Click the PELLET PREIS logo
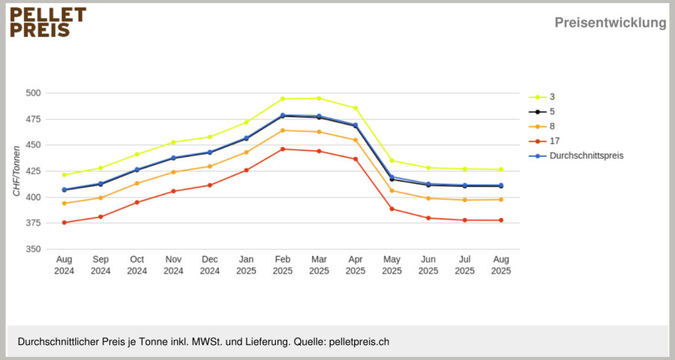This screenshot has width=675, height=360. click(48, 22)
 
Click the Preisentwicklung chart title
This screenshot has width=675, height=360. click(610, 22)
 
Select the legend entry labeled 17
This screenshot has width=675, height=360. click(544, 141)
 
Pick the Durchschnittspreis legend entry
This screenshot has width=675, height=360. click(576, 155)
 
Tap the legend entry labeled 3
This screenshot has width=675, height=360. click(541, 97)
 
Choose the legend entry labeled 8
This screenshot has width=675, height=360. click(541, 126)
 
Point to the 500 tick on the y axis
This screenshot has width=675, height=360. click(33, 93)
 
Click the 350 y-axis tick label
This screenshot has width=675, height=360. click(33, 249)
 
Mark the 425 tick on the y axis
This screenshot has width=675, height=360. click(33, 171)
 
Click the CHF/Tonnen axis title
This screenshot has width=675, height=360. click(16, 171)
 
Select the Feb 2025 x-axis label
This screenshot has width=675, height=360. click(283, 265)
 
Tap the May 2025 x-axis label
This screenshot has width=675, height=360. click(391, 265)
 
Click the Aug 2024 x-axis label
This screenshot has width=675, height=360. click(64, 265)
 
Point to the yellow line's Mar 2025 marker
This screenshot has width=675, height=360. click(319, 98)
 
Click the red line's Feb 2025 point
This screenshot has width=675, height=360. click(283, 149)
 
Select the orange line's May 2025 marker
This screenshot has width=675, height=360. click(391, 190)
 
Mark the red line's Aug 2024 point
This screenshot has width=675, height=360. click(64, 223)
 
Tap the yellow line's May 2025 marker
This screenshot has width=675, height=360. click(391, 160)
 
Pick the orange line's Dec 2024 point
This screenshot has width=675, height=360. click(210, 166)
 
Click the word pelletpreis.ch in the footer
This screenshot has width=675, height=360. click(359, 342)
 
